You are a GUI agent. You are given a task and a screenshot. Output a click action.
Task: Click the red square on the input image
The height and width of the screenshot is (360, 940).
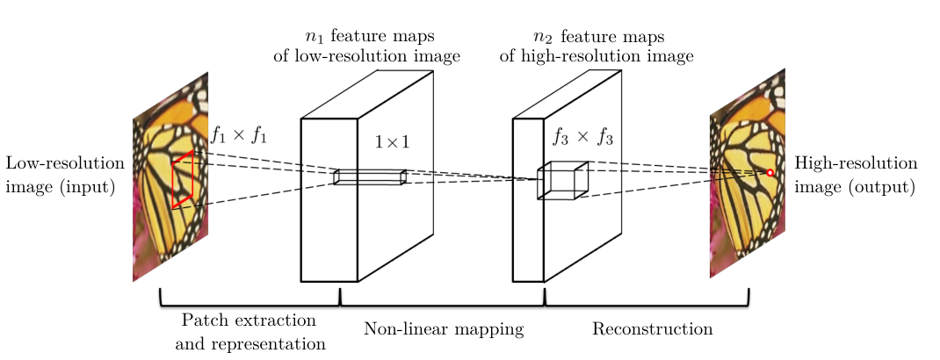183,179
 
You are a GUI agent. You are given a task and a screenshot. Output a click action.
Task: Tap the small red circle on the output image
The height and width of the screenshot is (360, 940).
770,173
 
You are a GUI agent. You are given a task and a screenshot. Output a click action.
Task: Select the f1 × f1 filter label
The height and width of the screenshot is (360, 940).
238,135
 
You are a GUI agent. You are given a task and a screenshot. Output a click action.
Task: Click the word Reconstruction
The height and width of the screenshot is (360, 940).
652,329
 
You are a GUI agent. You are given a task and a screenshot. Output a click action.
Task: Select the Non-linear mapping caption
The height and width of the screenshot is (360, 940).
444,329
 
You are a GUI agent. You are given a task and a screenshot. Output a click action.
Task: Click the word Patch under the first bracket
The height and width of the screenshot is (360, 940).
202,320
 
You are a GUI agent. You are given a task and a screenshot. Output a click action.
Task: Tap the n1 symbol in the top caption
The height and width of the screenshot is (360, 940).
312,37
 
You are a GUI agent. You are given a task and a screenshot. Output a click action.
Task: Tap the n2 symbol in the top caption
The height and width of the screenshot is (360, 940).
542,37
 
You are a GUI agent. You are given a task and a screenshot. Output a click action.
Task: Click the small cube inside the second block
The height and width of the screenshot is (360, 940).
561,180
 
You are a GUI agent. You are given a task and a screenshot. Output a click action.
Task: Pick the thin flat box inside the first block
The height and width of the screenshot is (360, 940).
370,176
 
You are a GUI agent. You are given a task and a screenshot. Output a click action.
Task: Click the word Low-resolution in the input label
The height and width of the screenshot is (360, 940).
61,164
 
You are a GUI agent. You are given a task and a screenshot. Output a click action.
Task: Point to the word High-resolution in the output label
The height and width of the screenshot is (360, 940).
856,164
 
